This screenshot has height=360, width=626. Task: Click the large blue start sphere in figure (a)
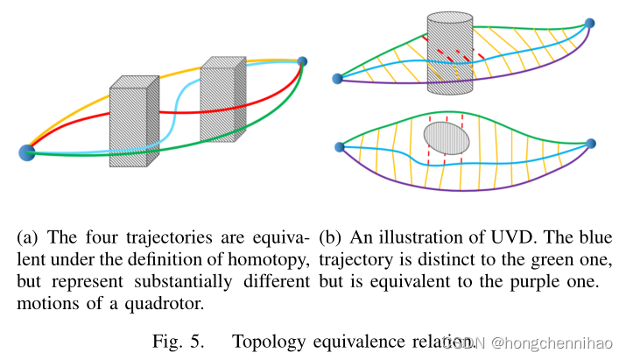[x=26, y=152]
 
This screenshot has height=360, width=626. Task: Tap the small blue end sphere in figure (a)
[x=302, y=61]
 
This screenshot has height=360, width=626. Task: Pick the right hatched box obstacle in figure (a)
[x=222, y=98]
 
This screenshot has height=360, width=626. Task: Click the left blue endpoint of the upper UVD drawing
[x=338, y=79]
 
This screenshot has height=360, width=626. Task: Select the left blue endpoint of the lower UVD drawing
[x=339, y=146]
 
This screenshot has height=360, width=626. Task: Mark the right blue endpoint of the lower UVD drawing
[x=591, y=144]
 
